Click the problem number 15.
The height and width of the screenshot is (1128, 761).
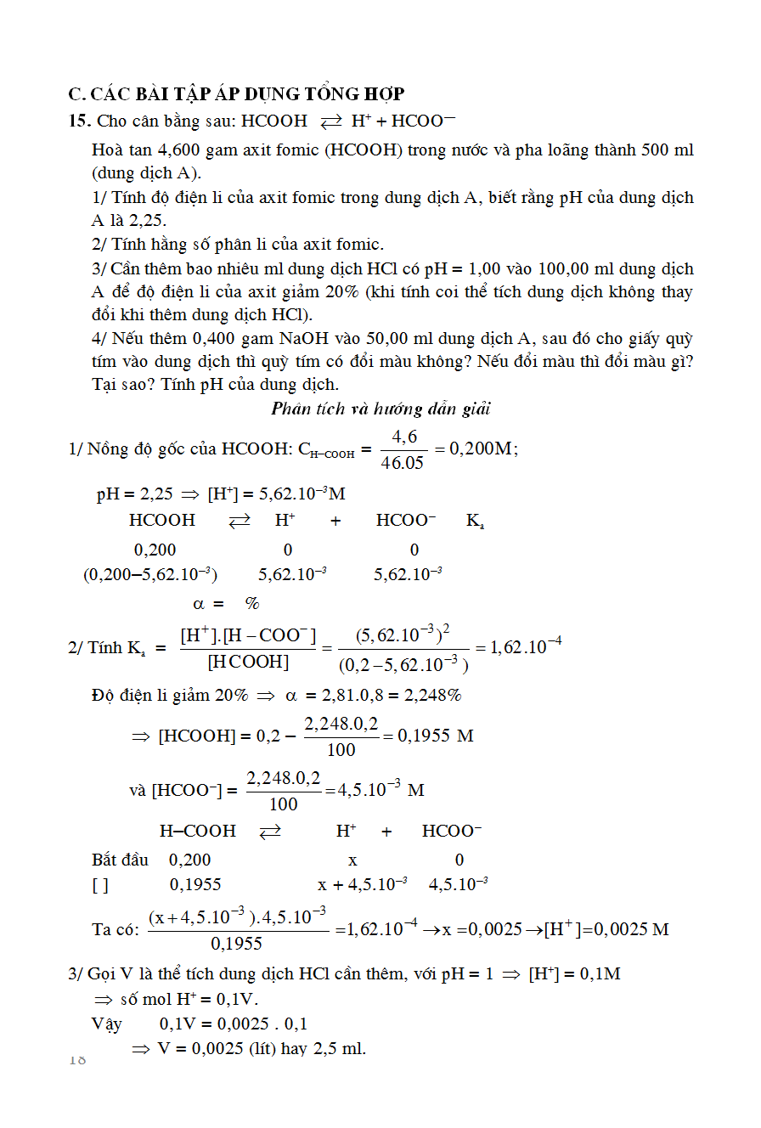coord(79,121)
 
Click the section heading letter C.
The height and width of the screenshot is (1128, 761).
coord(74,93)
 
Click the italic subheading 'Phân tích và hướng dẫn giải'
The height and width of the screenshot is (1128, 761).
coord(381,409)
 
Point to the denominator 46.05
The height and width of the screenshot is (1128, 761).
coord(402,463)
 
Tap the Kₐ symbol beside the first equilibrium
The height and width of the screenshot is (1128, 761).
coord(475,521)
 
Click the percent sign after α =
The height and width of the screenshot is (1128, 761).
coord(252,604)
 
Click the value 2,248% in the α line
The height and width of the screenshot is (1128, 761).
coord(432,696)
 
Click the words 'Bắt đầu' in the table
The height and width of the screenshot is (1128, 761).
coord(120,860)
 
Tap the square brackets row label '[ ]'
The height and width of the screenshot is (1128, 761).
coord(100,885)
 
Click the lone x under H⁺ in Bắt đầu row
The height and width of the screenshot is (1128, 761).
coord(353,860)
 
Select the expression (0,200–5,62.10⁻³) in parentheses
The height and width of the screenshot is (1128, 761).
coord(150,574)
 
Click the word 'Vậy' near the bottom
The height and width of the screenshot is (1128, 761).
coord(107,1024)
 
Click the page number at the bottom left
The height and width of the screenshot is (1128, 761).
coord(77,1059)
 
